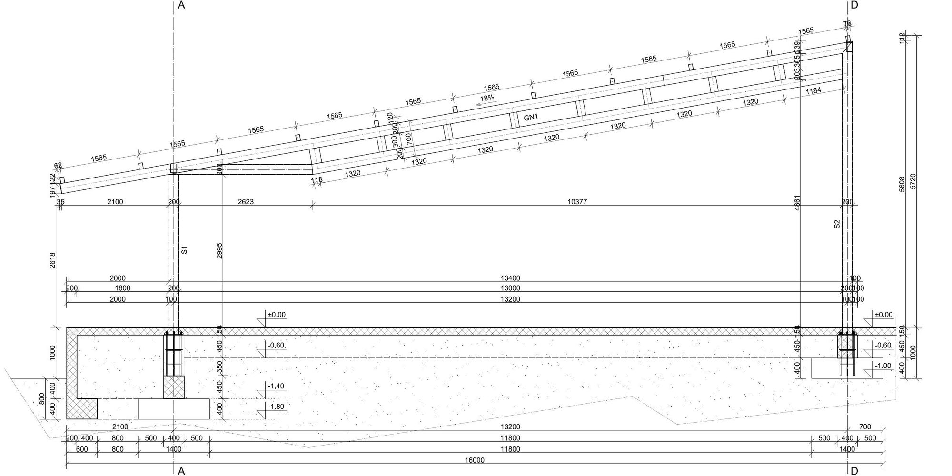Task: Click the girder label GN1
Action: (530, 117)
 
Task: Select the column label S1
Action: (185, 249)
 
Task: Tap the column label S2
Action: (837, 224)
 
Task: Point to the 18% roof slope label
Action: (487, 98)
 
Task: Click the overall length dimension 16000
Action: (475, 460)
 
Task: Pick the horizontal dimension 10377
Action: (577, 202)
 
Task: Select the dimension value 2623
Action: (246, 202)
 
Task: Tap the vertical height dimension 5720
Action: (912, 182)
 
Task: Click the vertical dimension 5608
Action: (902, 185)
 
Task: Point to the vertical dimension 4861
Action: (797, 203)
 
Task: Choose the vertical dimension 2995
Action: (219, 251)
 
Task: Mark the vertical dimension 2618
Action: (52, 260)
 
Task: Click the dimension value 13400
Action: (510, 278)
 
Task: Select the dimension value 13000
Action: (510, 288)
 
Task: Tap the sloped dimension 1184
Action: (813, 90)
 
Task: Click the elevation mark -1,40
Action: (276, 386)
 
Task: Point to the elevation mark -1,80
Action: (276, 407)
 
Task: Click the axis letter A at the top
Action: (181, 5)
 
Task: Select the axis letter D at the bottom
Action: (854, 471)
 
